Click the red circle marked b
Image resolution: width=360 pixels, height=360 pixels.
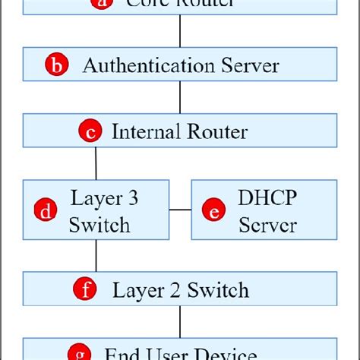click(x=56, y=65)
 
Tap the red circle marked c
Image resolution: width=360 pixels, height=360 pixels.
click(x=90, y=131)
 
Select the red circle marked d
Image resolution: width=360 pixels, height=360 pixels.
click(x=47, y=211)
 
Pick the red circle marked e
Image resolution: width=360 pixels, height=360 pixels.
click(x=214, y=211)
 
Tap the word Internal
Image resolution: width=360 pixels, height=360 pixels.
click(x=143, y=131)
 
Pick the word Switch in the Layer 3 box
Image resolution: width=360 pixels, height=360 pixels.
click(x=99, y=225)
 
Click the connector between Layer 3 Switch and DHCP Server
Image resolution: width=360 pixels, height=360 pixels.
click(x=179, y=209)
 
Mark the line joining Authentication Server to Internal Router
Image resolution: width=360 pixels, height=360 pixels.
click(x=180, y=98)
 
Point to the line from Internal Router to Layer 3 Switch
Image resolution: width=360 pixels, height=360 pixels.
click(x=96, y=163)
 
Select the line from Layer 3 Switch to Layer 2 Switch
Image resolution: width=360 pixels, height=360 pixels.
click(x=96, y=256)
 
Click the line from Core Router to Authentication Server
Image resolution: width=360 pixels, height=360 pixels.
click(x=180, y=32)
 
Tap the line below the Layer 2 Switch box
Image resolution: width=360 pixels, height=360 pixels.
click(x=180, y=322)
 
